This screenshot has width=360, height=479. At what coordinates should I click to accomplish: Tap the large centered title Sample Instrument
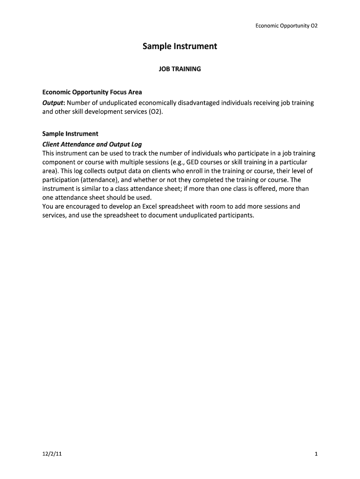pos(180,47)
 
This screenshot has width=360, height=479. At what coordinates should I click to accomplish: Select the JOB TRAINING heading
pos(180,69)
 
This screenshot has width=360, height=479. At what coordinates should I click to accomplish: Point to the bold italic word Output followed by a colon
pos(53,103)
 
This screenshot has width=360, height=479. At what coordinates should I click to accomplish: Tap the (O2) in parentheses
pos(155,113)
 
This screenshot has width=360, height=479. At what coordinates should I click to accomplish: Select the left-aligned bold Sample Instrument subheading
pos(70,134)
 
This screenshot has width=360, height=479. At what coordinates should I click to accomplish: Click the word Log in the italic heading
pos(136,144)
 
